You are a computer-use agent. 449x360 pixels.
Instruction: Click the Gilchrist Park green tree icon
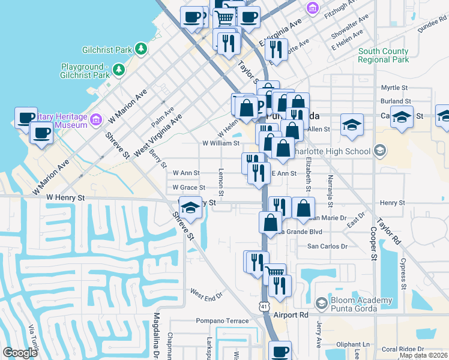[141, 48]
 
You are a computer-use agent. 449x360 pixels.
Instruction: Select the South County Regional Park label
[383, 55]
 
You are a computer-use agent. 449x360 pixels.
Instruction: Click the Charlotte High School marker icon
[379, 151]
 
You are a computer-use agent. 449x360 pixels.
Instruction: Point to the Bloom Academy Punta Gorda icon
[321, 304]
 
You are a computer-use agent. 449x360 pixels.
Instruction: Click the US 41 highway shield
[264, 306]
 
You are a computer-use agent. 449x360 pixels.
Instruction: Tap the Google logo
[20, 352]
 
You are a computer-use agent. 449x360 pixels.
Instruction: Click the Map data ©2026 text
[424, 355]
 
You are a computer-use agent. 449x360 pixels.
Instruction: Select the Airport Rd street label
[290, 314]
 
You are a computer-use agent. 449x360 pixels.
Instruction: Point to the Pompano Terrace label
[222, 321]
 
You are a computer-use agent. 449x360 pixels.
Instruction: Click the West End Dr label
[206, 294]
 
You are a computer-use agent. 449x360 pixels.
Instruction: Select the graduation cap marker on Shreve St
[190, 208]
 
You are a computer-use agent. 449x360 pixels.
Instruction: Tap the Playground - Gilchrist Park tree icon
[119, 70]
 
